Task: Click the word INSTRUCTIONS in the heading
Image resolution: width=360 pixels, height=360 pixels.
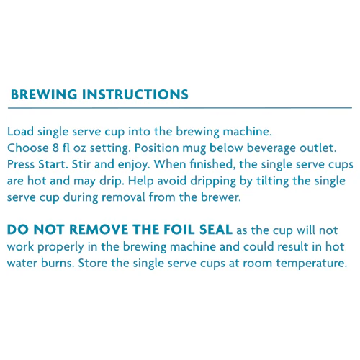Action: pyautogui.click(x=135, y=94)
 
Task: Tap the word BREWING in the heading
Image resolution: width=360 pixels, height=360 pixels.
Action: pyautogui.click(x=44, y=94)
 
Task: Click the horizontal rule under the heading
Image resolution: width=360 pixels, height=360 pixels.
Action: pyautogui.click(x=180, y=108)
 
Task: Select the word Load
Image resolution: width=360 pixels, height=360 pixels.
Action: pyautogui.click(x=20, y=132)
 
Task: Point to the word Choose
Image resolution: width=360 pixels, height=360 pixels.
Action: pyautogui.click(x=28, y=148)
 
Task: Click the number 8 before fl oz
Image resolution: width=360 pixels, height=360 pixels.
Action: pyautogui.click(x=55, y=148)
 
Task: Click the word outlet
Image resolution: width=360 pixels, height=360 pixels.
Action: pyautogui.click(x=318, y=148)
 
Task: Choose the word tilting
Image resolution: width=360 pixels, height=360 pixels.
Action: pyautogui.click(x=272, y=181)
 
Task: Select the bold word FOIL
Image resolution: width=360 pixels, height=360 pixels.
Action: pyautogui.click(x=180, y=229)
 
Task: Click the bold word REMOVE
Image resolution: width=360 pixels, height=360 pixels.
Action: pyautogui.click(x=99, y=229)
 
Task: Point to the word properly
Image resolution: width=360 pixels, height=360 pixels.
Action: pyautogui.click(x=60, y=248)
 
